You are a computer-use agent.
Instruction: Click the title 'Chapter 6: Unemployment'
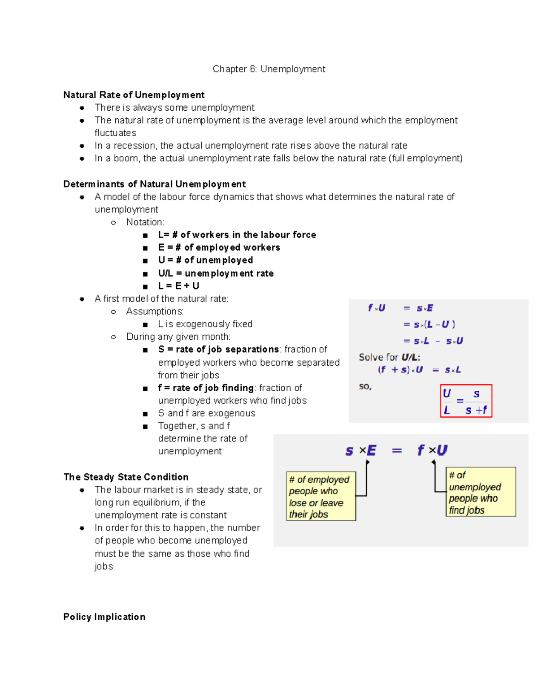tap(269, 69)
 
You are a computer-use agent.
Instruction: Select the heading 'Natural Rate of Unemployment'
tap(134, 95)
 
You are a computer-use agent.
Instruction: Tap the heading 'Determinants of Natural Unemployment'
tap(154, 184)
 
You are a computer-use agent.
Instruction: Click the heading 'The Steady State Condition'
tap(126, 477)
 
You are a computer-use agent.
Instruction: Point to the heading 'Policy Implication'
tap(104, 617)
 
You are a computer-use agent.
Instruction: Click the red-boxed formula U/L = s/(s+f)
tap(466, 401)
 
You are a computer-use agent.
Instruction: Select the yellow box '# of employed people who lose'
tap(321, 496)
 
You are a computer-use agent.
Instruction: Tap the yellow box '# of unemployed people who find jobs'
tap(480, 492)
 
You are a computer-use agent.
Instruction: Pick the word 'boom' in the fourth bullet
tap(126, 158)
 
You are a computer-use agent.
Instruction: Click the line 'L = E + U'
tap(178, 286)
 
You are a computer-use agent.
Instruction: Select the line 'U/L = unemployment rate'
tap(216, 273)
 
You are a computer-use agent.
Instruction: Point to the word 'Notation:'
tap(145, 222)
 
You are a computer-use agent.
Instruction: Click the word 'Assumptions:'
tap(155, 311)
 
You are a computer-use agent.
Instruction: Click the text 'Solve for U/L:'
tap(389, 357)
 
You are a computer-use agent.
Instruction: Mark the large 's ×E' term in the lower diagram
tap(361, 450)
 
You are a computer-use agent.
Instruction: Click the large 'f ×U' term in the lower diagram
tap(432, 450)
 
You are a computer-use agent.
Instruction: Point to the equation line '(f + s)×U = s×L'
tap(419, 370)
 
